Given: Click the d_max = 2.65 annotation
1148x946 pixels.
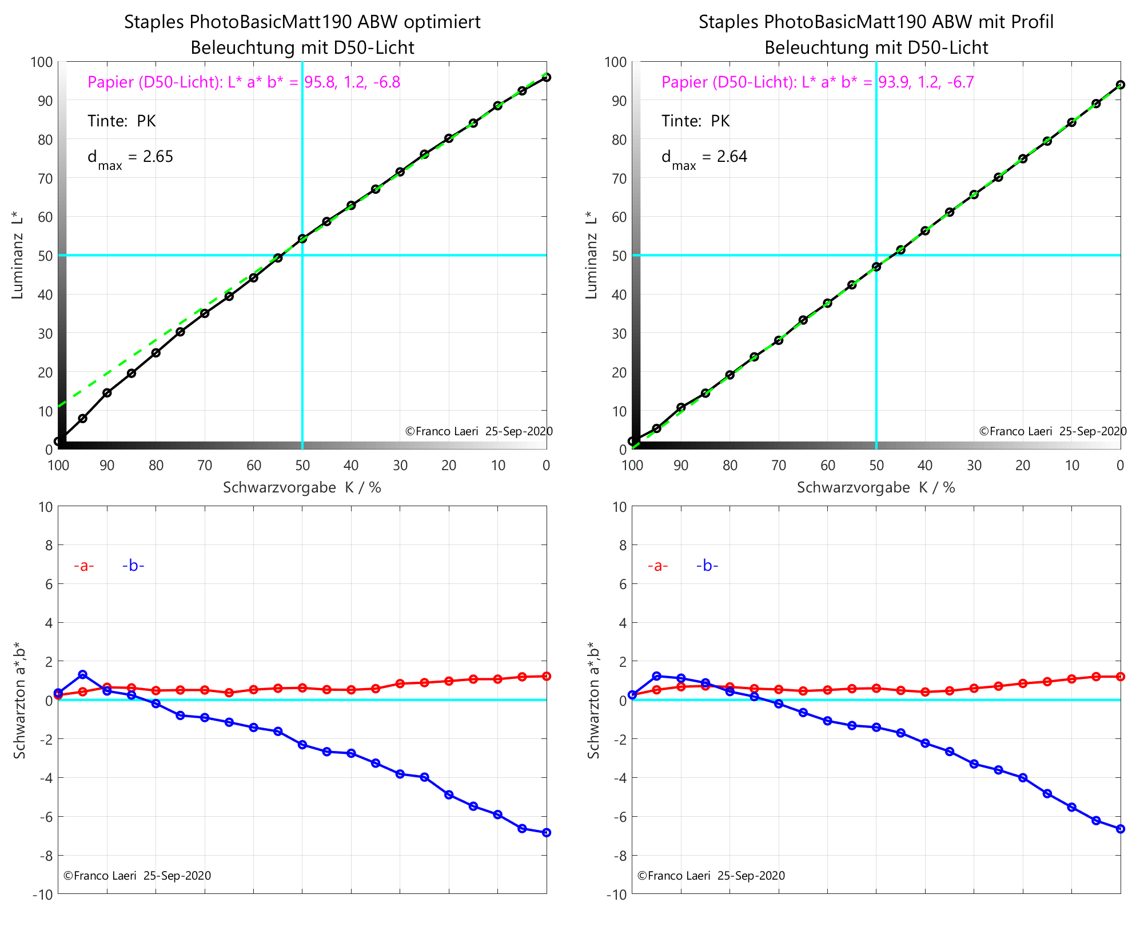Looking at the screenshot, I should [x=130, y=157].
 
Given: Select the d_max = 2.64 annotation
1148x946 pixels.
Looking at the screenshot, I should [x=704, y=157].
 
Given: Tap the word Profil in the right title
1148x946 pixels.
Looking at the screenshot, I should [x=1032, y=22].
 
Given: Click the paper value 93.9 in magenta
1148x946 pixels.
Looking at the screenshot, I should [x=894, y=82].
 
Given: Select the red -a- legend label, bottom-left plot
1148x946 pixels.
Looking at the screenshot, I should [x=83, y=566].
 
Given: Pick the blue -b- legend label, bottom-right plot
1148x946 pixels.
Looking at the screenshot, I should [x=707, y=566].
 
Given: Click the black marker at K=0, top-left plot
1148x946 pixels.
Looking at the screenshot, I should [x=547, y=77].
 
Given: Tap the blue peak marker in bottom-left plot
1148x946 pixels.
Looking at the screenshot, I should [x=83, y=674].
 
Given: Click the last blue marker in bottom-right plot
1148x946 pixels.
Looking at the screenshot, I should [x=1121, y=829].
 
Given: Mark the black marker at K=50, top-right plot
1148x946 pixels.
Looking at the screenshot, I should [x=876, y=267].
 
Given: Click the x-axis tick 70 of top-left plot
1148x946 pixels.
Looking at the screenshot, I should [x=205, y=466].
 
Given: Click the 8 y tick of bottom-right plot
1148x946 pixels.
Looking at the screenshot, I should [x=621, y=546].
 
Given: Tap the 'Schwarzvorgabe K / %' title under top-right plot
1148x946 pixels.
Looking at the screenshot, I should [x=876, y=487].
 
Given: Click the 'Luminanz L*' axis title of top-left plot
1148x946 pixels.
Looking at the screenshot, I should [x=17, y=255].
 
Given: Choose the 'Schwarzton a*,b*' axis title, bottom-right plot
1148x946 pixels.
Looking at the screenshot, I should [x=593, y=700].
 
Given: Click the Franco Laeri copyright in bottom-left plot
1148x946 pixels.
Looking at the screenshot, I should [x=137, y=876].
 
